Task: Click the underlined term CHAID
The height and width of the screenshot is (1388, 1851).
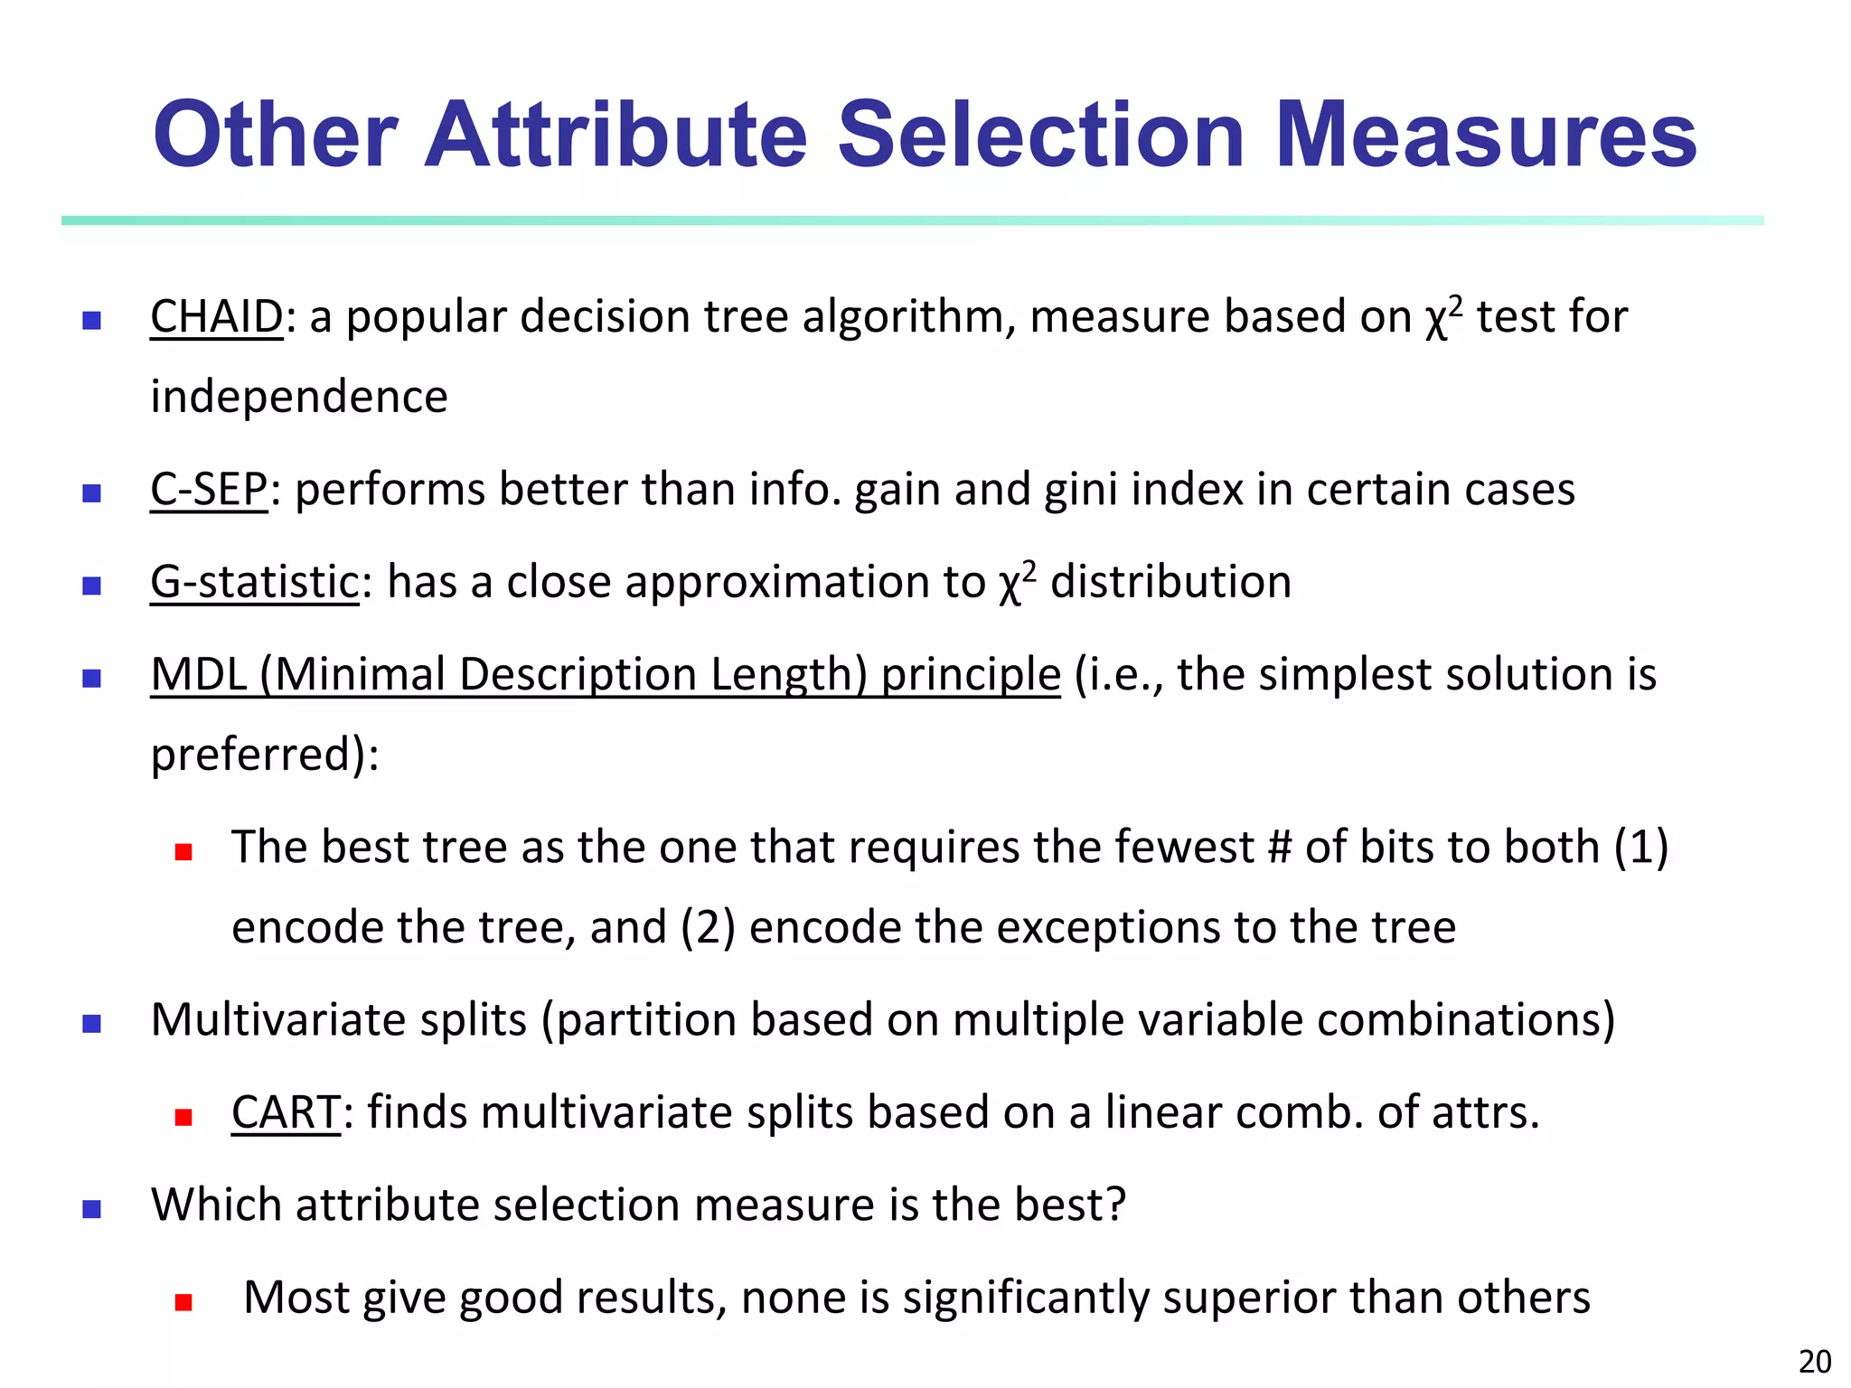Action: point(217,317)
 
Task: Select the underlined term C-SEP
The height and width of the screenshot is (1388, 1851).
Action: point(209,490)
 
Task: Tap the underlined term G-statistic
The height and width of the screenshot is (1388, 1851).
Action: point(255,582)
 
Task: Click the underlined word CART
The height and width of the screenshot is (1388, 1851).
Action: point(286,1112)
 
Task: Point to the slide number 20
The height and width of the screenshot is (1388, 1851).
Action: point(1815,1361)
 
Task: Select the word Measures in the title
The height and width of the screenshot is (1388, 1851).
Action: point(1486,136)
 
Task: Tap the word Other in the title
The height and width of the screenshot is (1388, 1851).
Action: point(276,136)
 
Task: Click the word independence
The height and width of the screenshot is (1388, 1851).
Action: point(299,398)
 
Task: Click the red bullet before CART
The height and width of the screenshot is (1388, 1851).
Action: point(184,1117)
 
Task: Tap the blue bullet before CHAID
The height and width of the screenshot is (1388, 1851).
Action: point(91,320)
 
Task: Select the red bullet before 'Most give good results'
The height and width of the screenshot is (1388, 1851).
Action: point(184,1302)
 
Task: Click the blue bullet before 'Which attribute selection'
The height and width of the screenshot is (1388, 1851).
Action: point(91,1209)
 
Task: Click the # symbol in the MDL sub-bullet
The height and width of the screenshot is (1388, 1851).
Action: point(1279,848)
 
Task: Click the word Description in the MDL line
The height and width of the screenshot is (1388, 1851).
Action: point(578,675)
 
